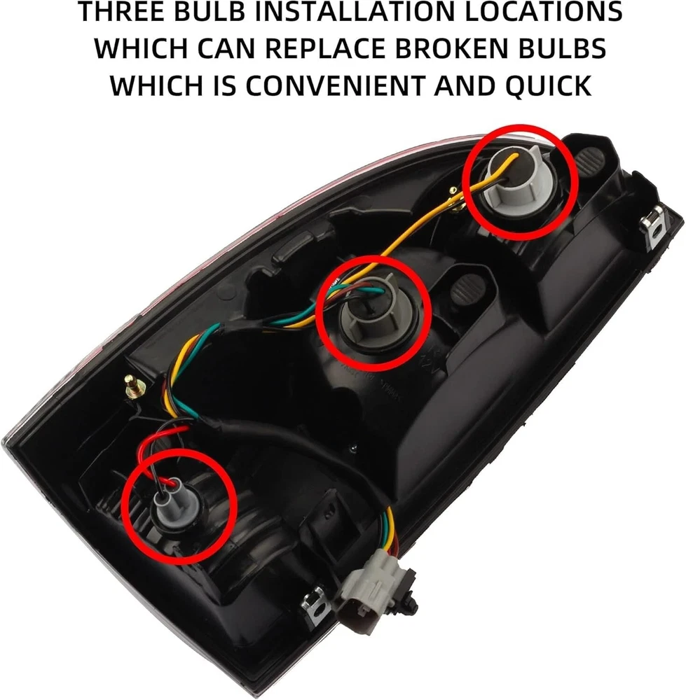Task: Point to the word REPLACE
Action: tap(324, 48)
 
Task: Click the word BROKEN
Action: tap(452, 48)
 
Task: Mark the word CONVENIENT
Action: tap(334, 85)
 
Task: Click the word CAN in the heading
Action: tap(225, 48)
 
